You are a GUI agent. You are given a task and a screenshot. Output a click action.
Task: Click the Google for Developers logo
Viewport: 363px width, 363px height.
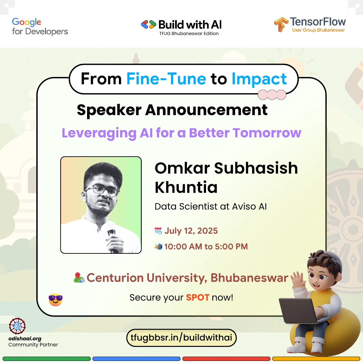pyautogui.click(x=40, y=27)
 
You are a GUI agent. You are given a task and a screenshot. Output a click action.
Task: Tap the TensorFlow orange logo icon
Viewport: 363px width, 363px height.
pyautogui.click(x=281, y=24)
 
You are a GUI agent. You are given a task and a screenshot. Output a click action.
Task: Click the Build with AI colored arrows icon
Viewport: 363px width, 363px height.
pyautogui.click(x=149, y=25)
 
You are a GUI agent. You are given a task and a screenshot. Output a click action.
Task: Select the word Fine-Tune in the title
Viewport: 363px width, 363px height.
pyautogui.click(x=166, y=79)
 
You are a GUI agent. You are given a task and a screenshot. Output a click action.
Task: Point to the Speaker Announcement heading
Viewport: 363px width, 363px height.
pyautogui.click(x=172, y=110)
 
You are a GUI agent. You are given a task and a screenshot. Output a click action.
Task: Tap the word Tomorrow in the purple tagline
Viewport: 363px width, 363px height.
pyautogui.click(x=267, y=133)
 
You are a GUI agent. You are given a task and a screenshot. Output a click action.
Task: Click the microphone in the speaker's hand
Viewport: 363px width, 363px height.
pyautogui.click(x=112, y=240)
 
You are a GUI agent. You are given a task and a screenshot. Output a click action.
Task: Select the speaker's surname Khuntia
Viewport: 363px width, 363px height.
pyautogui.click(x=186, y=187)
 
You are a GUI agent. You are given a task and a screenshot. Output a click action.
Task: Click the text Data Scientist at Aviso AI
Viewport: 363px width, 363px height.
pyautogui.click(x=211, y=206)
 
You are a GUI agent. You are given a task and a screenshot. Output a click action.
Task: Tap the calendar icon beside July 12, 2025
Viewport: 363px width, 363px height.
pyautogui.click(x=158, y=231)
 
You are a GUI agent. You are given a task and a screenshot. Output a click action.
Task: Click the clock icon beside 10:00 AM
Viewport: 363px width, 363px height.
pyautogui.click(x=159, y=247)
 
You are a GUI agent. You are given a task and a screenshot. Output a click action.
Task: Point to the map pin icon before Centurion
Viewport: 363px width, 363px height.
pyautogui.click(x=79, y=278)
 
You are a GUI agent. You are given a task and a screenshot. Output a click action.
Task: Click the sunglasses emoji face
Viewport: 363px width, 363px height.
pyautogui.click(x=55, y=300)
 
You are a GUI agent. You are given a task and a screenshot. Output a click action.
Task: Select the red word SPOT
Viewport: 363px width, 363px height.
pyautogui.click(x=198, y=297)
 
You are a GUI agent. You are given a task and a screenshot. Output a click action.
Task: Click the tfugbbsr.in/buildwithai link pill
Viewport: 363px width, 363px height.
pyautogui.click(x=181, y=338)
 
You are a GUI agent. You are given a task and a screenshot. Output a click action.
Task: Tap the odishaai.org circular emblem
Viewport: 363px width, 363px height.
pyautogui.click(x=17, y=326)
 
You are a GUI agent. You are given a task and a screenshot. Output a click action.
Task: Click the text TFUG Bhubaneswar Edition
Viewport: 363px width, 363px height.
pyautogui.click(x=189, y=34)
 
